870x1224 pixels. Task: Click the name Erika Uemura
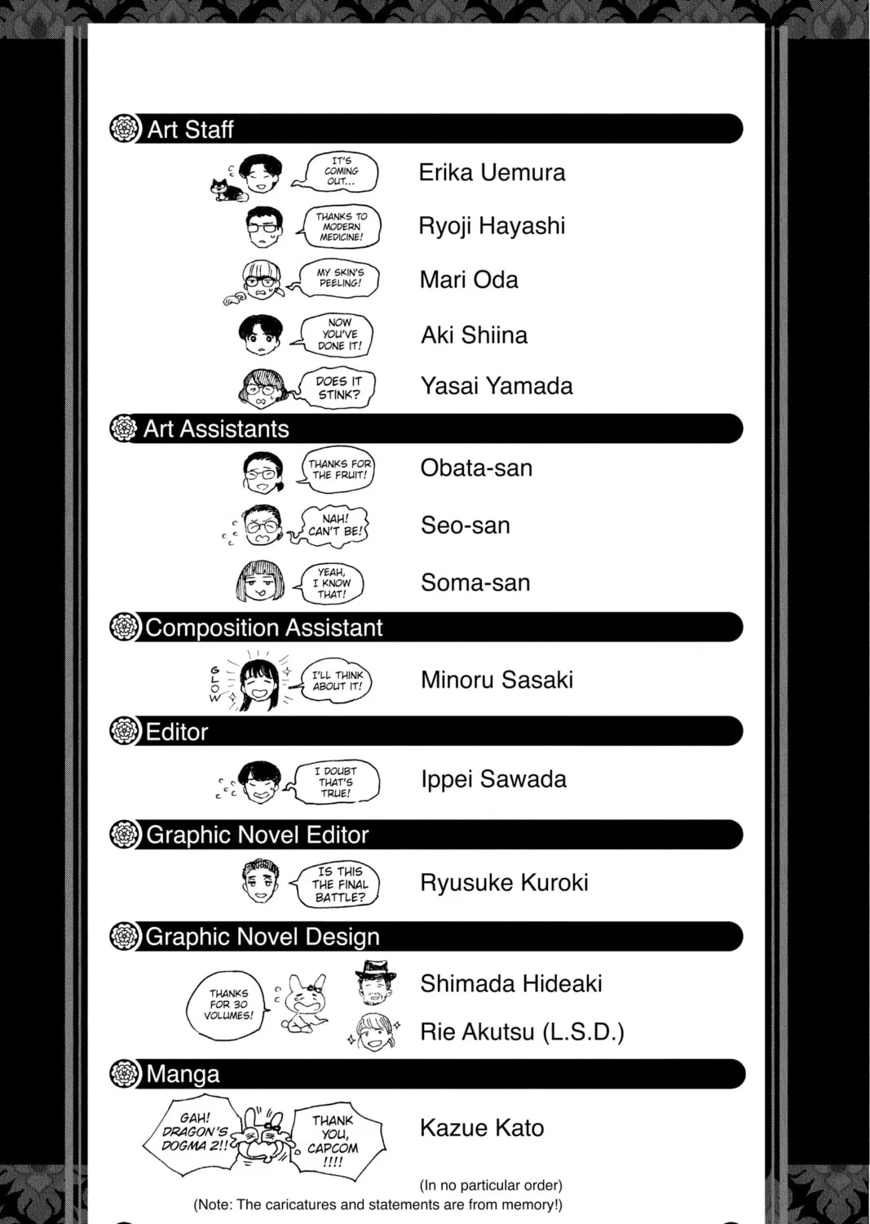point(492,173)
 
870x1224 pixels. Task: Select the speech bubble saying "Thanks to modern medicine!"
point(342,227)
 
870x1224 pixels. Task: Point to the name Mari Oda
point(469,280)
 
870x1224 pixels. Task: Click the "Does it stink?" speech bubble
point(338,388)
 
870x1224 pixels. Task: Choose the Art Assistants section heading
point(216,429)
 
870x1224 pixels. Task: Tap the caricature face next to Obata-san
point(262,472)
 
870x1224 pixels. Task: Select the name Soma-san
point(475,583)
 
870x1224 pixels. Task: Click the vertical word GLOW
point(215,684)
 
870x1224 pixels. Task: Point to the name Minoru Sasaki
point(497,680)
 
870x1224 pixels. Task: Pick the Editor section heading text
point(177,732)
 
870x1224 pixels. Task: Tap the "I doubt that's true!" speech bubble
point(337,782)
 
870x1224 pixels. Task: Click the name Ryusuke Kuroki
point(504,882)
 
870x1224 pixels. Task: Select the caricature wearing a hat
point(376,982)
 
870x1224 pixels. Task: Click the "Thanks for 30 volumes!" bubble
point(227,1004)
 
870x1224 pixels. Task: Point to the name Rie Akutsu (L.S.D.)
point(522,1032)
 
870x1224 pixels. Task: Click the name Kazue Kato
point(482,1129)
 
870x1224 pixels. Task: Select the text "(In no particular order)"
point(491,1185)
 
